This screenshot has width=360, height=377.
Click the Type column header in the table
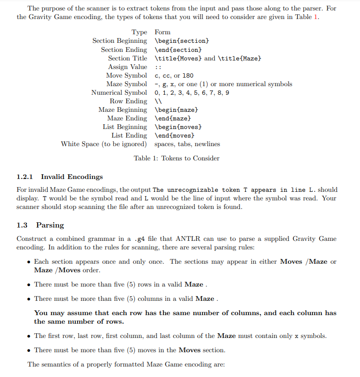[x=139, y=32]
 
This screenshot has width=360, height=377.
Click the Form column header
[x=162, y=32]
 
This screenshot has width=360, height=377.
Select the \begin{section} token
[x=181, y=41]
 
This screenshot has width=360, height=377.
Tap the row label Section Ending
[x=124, y=50]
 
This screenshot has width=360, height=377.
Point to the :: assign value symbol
[x=158, y=67]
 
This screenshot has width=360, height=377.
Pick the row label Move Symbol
[x=126, y=75]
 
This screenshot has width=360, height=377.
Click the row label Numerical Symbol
[x=119, y=92]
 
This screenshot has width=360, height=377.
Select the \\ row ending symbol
[x=158, y=101]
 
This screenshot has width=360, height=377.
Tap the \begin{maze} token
[x=176, y=109]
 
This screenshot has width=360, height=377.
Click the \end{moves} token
[x=174, y=136]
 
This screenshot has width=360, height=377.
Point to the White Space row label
[x=103, y=144]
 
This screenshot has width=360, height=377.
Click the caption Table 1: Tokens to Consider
[x=177, y=158]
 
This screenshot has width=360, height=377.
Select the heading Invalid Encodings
[x=71, y=177]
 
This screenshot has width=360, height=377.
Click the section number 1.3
[x=22, y=225]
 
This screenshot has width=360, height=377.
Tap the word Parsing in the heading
[x=50, y=225]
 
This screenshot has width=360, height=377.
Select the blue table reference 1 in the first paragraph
[x=317, y=17]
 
